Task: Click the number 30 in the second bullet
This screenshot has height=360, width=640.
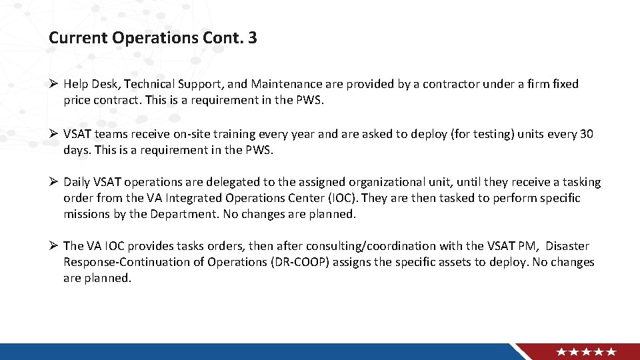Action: [586, 134]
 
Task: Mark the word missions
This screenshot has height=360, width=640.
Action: [88, 214]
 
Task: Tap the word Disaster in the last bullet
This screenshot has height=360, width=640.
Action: [567, 246]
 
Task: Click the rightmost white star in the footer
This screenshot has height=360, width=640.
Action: [611, 352]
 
